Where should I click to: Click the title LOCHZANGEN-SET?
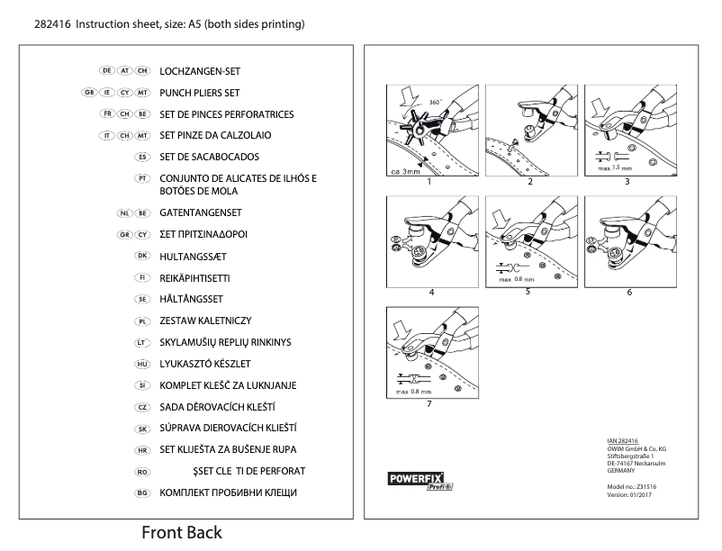coord(200,70)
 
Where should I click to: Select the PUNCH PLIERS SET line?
coord(200,93)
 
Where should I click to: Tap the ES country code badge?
coord(140,157)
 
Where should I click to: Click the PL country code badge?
coord(140,321)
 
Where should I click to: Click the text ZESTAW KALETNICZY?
coord(205,321)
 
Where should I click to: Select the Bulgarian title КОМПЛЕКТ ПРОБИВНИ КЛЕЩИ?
coord(228,492)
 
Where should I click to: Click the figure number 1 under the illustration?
coord(429,182)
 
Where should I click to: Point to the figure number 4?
coord(432,293)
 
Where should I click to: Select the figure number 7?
coord(429,403)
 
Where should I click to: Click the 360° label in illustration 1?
coord(436,102)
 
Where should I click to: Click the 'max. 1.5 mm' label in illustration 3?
coord(620,167)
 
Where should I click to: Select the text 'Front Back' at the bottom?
coord(181,532)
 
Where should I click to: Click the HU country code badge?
coord(140,364)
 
